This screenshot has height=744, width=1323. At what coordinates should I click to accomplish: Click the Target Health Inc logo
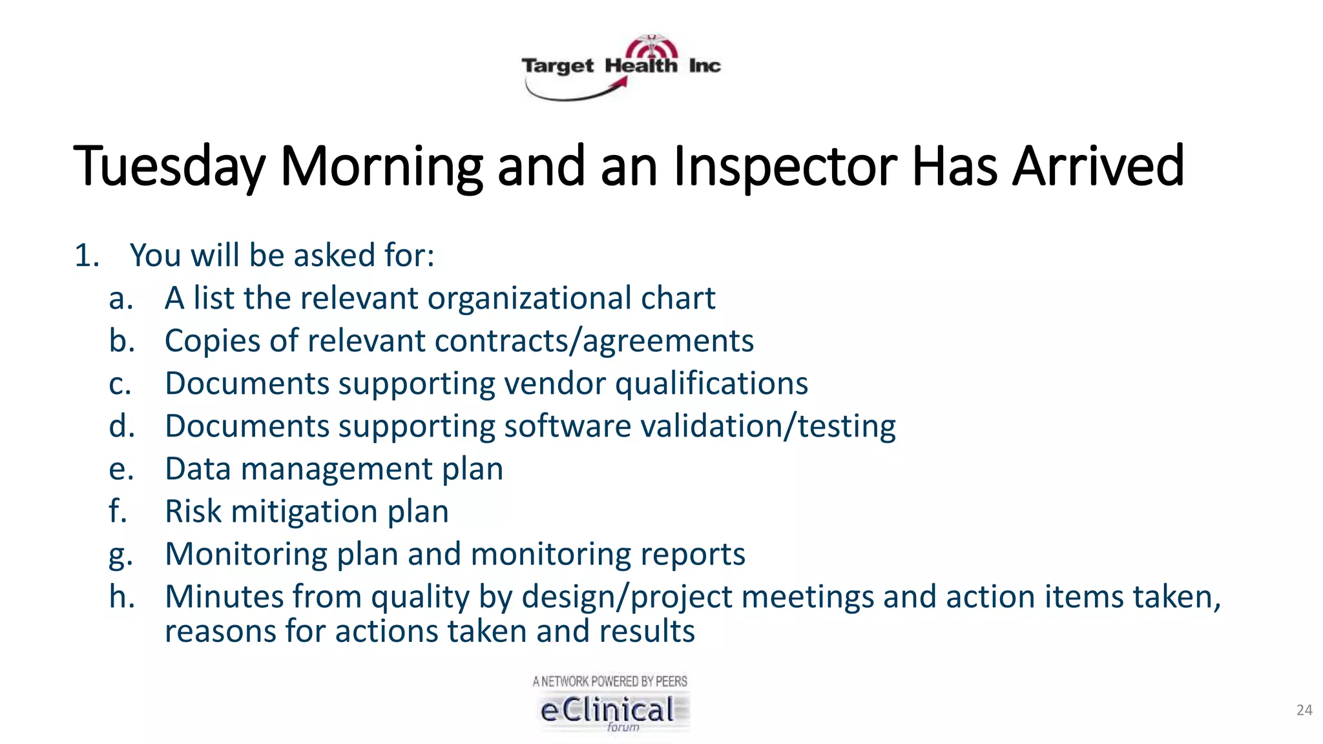point(621,67)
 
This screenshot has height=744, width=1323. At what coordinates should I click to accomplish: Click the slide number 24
point(1304,710)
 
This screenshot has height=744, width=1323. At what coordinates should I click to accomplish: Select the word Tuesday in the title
point(169,167)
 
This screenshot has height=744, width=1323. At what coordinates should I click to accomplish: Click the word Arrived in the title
point(1098,165)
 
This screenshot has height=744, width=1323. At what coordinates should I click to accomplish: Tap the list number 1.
point(87,255)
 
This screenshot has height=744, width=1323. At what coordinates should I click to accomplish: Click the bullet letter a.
point(120,299)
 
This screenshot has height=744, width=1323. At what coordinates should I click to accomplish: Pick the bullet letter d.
point(121,426)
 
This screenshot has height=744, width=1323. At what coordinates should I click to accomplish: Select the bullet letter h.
point(121,596)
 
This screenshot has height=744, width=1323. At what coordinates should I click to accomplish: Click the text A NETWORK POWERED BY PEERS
point(610,681)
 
